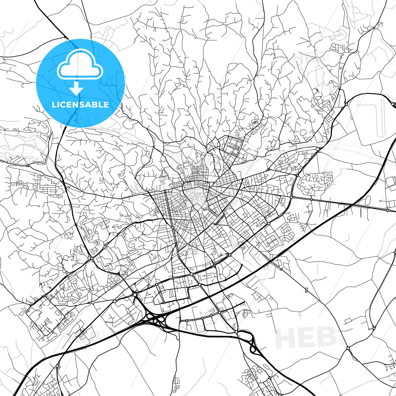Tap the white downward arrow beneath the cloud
76,89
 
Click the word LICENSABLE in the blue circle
80,105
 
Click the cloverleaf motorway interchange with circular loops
155,319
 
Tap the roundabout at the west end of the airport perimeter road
346,104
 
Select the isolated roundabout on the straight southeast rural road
307,290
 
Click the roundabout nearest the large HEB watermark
348,348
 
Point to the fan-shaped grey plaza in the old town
205,206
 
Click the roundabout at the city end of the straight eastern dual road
291,197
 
